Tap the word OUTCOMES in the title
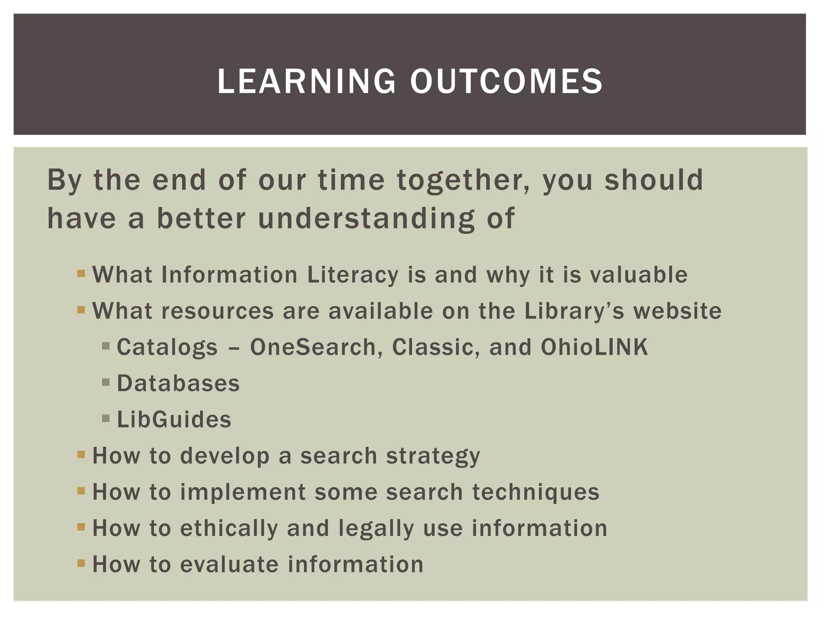506,82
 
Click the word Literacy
353,275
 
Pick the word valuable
639,275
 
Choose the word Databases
178,383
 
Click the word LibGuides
174,419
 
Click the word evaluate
229,564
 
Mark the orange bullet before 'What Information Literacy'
81,274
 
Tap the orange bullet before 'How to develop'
81,455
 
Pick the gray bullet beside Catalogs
106,346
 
